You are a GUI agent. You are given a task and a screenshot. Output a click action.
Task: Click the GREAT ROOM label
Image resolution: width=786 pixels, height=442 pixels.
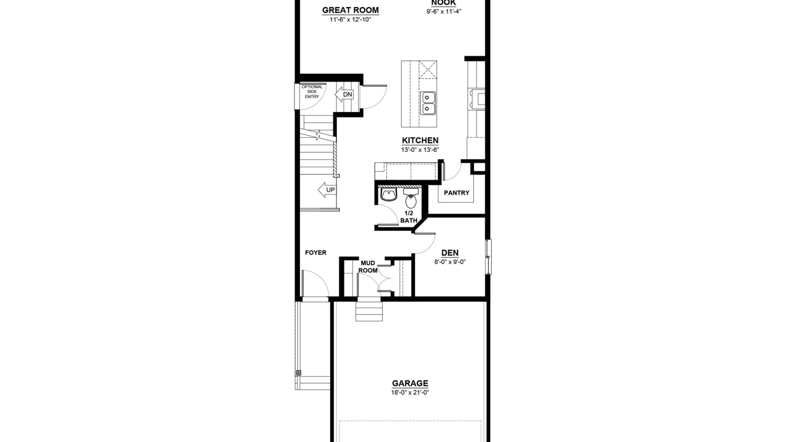[350, 10]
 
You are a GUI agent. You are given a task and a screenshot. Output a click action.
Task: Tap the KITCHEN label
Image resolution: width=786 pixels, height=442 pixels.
[420, 141]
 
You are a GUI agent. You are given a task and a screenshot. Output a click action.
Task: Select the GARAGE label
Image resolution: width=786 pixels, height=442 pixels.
[410, 383]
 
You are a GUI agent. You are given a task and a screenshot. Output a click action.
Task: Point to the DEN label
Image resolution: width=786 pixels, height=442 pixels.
[450, 253]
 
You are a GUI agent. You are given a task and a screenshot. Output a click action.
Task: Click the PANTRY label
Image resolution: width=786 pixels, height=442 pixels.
[457, 193]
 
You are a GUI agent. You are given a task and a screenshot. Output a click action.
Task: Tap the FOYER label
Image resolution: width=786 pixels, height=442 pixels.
[316, 253]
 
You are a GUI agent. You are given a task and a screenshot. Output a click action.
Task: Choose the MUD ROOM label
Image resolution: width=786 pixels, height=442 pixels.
[368, 267]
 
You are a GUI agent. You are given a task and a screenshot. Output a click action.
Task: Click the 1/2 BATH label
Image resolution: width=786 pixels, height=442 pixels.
[409, 217]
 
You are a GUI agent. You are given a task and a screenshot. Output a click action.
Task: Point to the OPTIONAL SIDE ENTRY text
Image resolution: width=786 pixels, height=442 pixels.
[312, 91]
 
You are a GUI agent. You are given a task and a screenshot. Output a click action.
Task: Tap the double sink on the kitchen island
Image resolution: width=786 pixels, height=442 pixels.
[428, 103]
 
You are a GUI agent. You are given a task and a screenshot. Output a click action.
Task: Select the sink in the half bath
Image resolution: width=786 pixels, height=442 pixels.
[389, 195]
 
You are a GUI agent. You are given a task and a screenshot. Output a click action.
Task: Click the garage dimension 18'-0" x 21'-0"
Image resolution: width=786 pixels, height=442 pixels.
[410, 392]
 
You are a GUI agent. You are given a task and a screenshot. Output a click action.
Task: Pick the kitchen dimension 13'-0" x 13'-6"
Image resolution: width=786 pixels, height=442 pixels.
[420, 150]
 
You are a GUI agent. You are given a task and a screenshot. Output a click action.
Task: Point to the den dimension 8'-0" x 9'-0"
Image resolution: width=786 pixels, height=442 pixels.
[450, 262]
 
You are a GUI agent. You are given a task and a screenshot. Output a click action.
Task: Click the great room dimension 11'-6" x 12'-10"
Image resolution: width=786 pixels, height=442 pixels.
[350, 20]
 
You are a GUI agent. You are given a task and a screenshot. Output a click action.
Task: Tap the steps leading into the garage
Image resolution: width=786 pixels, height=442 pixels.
[369, 311]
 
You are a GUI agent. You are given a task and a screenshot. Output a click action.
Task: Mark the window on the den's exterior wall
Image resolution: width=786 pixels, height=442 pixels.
[488, 257]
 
